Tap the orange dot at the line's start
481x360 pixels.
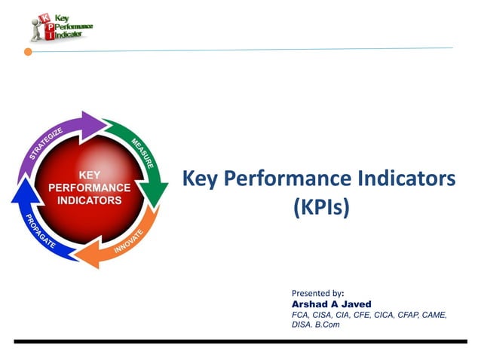point(28,52)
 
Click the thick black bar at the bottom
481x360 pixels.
point(240,341)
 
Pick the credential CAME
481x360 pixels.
point(434,315)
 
